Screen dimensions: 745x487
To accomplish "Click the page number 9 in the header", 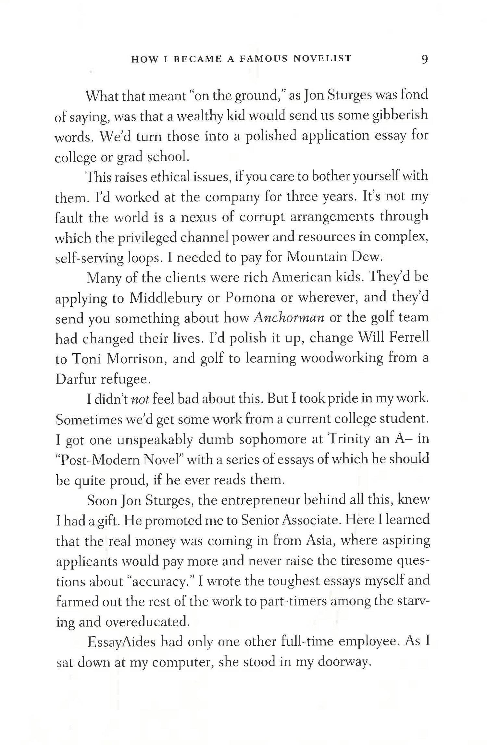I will pyautogui.click(x=424, y=59).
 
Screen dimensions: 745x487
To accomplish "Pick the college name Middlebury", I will pyautogui.click(x=166, y=298).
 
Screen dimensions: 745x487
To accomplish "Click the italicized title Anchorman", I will pyautogui.click(x=289, y=318).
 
